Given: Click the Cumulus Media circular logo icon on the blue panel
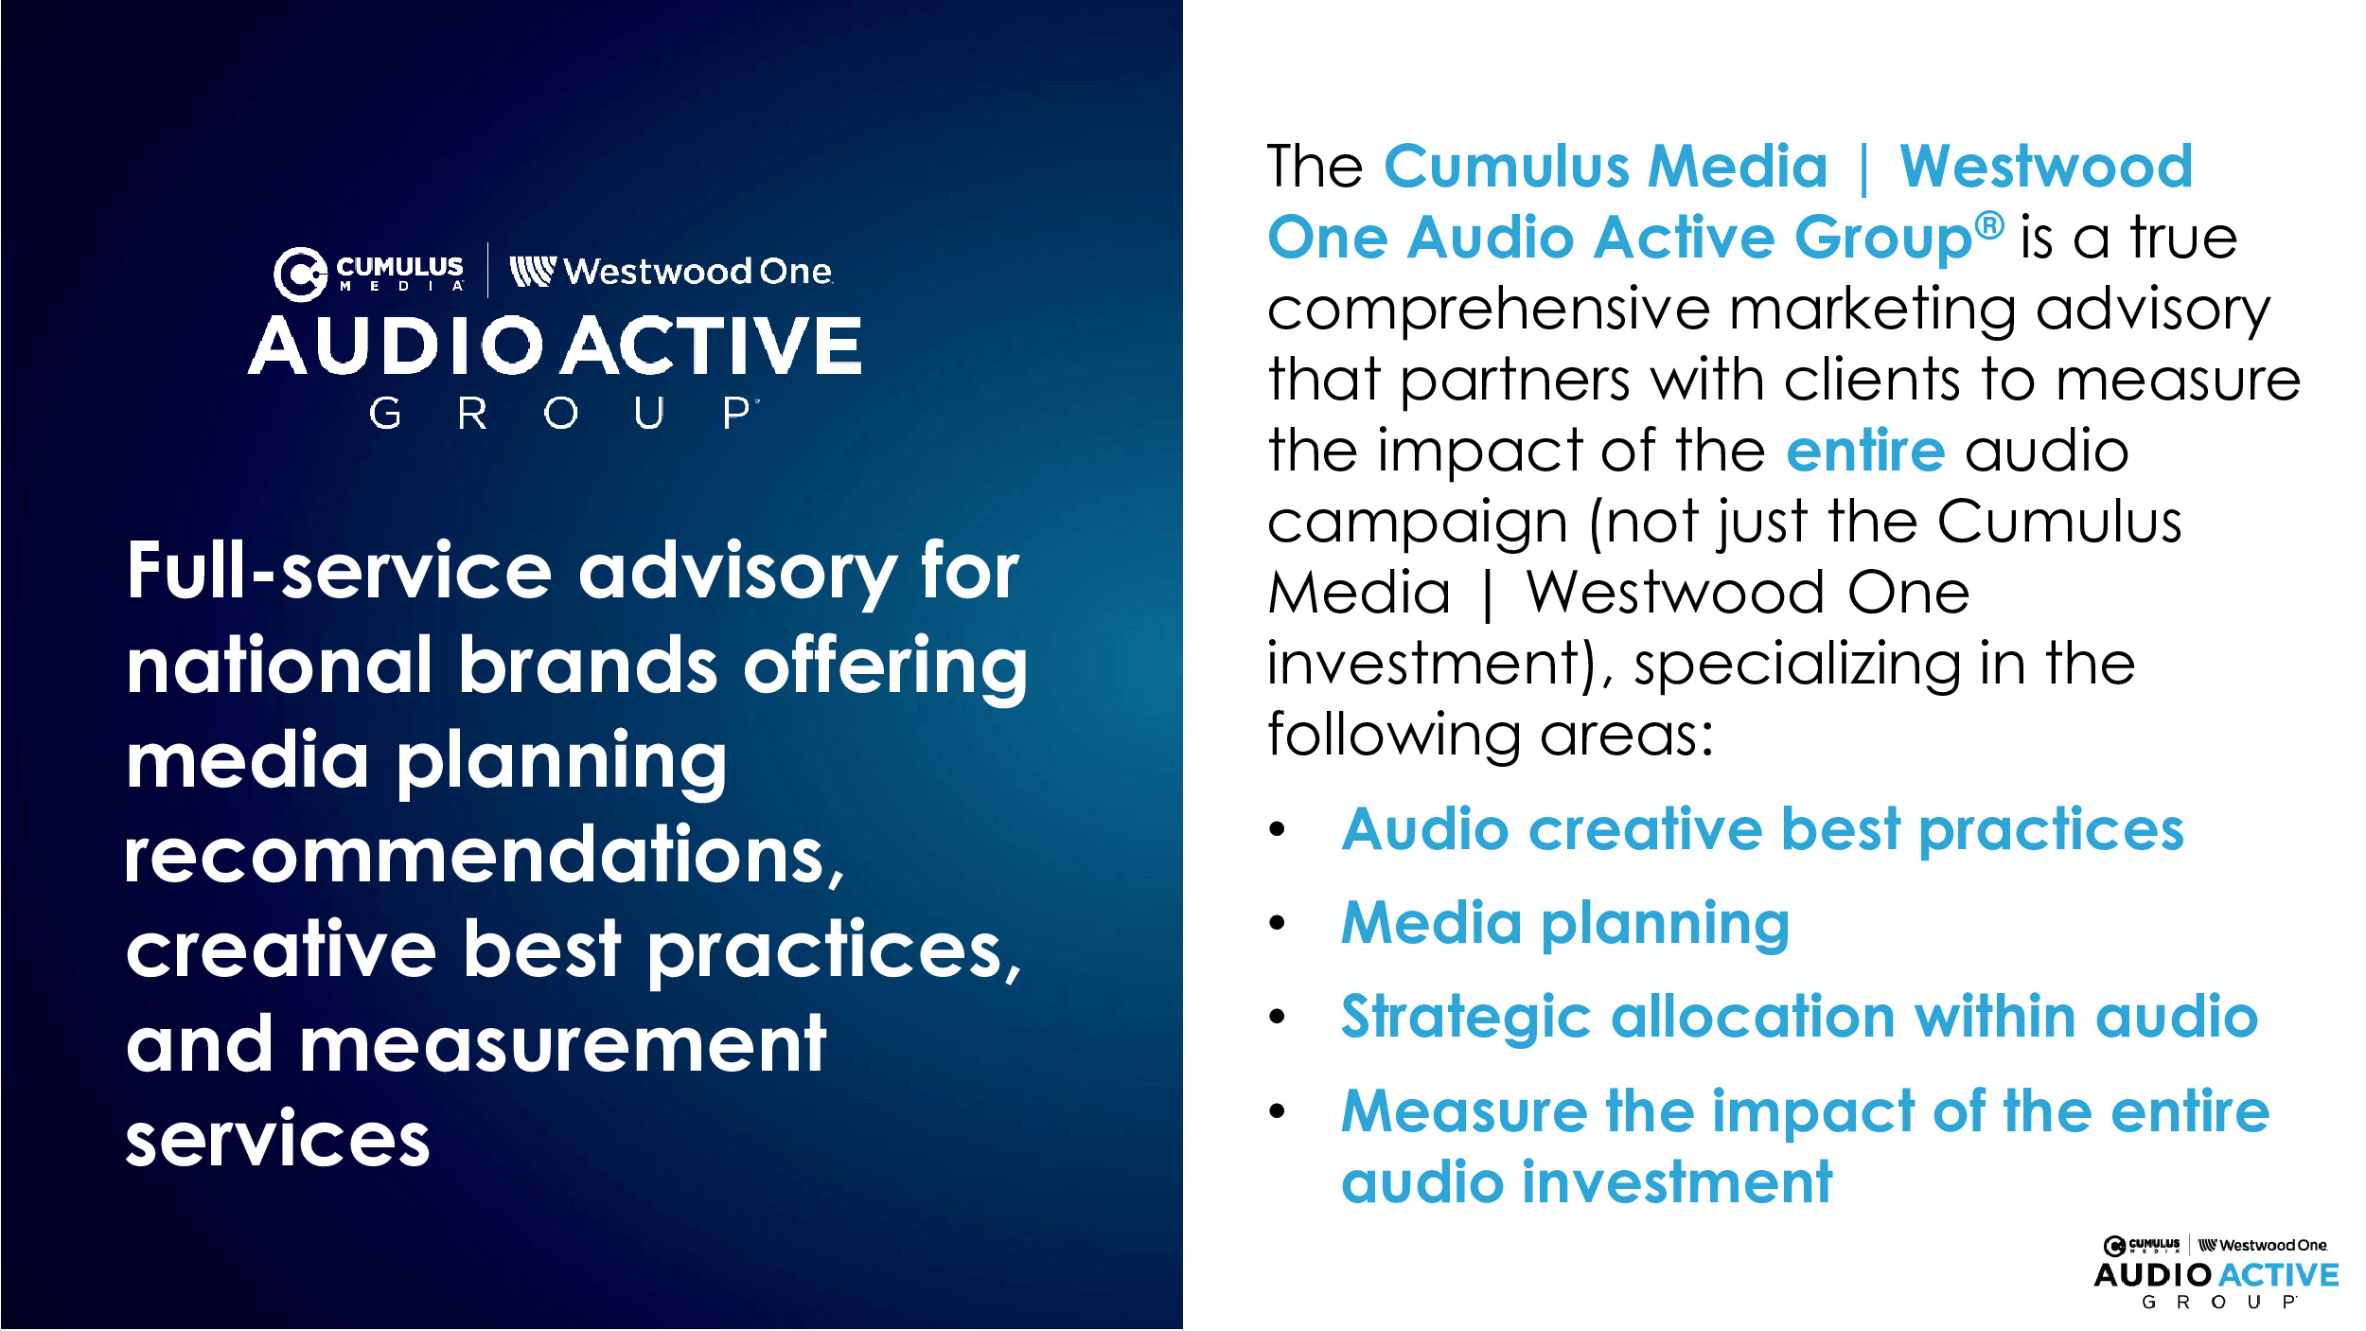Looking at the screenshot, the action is point(300,275).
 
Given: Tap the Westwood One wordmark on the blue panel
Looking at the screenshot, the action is point(671,272).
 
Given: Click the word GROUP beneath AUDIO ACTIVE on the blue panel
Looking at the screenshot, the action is point(564,414).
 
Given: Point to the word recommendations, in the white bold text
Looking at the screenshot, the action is point(485,856).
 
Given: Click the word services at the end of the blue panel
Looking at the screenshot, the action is point(278,1139).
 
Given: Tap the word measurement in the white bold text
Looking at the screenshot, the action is point(563,1044).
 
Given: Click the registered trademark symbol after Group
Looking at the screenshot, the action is point(1990,225).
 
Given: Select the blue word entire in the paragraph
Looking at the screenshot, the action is point(1865,451).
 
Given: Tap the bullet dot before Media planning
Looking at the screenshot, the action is point(1278,923).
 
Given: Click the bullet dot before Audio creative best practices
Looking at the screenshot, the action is point(1278,830).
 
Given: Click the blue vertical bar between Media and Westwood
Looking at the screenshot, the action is point(1863,169).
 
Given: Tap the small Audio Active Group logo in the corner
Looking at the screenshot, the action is point(2216,1273).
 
